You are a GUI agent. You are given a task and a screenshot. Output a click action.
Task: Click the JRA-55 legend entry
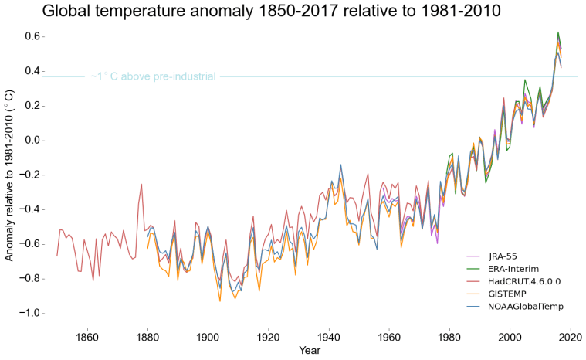(x=504, y=256)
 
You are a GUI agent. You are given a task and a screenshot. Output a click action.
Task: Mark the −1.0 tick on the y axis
(x=29, y=313)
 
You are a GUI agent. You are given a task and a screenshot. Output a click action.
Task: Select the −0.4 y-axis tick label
(x=29, y=209)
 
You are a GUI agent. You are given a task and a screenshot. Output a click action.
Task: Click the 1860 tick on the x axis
(x=86, y=337)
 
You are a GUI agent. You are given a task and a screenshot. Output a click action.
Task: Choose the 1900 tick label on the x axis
(x=207, y=337)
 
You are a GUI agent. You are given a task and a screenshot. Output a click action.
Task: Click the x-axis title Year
(x=310, y=350)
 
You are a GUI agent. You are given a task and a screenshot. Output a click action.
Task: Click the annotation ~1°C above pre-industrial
(x=153, y=76)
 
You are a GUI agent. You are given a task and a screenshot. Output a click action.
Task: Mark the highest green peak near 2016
(x=557, y=32)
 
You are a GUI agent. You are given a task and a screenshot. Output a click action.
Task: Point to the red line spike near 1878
(x=141, y=185)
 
